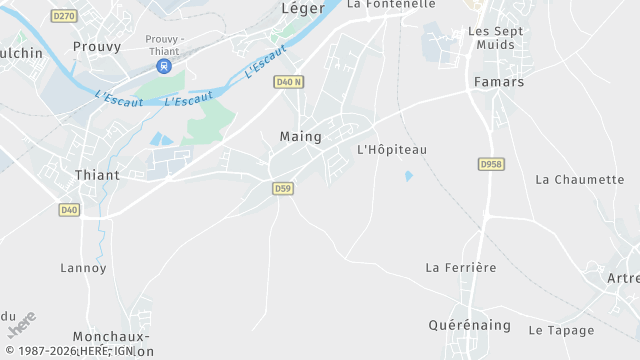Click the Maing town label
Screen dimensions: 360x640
(x=301, y=136)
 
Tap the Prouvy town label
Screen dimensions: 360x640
(x=97, y=46)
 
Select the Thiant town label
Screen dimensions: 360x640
(x=97, y=175)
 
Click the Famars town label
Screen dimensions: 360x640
(x=499, y=82)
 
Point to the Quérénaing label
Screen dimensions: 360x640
(x=470, y=325)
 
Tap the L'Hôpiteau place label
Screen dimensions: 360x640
(x=392, y=150)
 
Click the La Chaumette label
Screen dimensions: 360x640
(x=580, y=180)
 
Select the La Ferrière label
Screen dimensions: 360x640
(x=461, y=268)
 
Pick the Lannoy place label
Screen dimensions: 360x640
(x=83, y=268)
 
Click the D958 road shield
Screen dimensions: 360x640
(x=490, y=163)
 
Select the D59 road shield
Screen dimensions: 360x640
(x=283, y=187)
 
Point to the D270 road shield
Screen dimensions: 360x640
(x=64, y=16)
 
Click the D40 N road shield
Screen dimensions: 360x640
(x=287, y=82)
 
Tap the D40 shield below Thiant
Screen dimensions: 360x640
(x=69, y=209)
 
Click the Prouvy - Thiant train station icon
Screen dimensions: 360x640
(x=164, y=66)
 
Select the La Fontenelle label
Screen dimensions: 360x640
(x=391, y=4)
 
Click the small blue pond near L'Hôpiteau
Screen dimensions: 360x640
(x=408, y=176)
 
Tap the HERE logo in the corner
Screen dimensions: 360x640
(x=21, y=325)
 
